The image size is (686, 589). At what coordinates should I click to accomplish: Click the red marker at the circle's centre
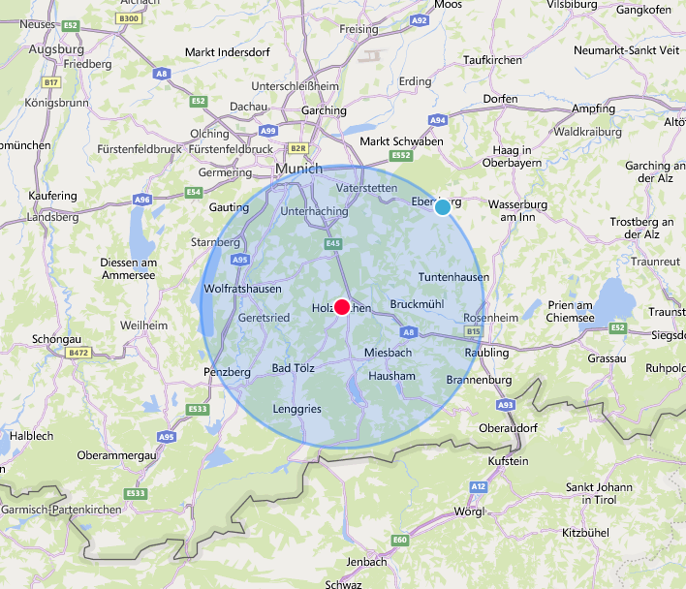(342, 307)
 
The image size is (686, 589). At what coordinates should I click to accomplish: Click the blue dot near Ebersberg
(443, 206)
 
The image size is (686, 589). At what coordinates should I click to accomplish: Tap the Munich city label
(298, 169)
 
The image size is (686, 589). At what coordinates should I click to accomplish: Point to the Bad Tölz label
(294, 368)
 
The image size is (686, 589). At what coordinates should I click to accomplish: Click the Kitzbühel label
(586, 533)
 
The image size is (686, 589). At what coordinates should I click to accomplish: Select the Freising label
(359, 29)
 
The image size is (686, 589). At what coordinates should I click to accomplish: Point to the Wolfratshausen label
(242, 289)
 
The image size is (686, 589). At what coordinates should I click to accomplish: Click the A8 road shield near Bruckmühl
(409, 331)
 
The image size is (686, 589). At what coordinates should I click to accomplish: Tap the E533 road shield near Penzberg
(198, 409)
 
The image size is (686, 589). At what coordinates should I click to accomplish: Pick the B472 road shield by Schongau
(78, 355)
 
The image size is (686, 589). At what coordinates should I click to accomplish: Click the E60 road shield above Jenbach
(400, 539)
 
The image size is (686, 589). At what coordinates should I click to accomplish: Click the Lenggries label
(296, 410)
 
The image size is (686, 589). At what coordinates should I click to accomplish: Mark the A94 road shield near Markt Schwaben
(438, 120)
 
